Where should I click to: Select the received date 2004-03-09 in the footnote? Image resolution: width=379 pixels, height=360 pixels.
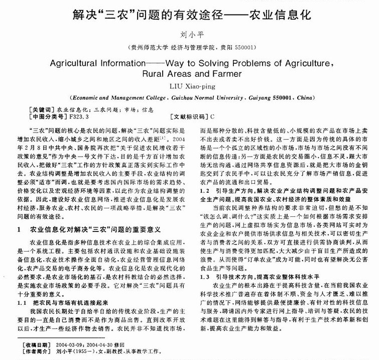(70, 346)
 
